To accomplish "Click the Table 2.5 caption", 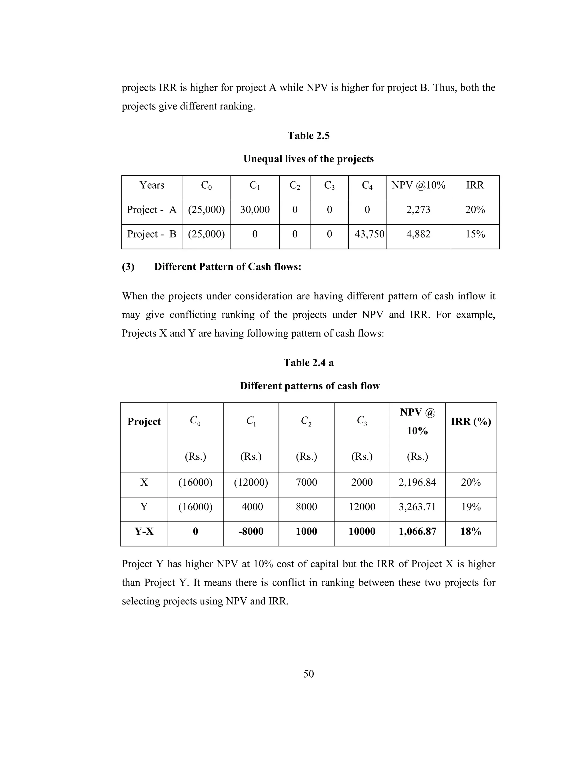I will (308, 135).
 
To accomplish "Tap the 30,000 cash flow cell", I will (255, 209).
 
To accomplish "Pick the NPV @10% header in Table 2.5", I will (418, 185).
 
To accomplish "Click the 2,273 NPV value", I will (418, 209).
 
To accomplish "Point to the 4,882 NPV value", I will (418, 234).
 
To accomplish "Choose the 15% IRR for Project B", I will (475, 234).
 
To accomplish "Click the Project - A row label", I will (151, 209).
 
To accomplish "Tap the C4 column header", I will (367, 185).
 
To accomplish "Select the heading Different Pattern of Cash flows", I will (227, 267).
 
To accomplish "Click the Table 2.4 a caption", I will (308, 363).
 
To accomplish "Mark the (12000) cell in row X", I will (251, 482).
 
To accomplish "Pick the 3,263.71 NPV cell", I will (417, 507).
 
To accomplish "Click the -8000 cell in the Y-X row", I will (251, 531).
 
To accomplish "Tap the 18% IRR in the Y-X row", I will (471, 531).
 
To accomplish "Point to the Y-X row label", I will (144, 531).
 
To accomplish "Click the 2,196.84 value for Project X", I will (417, 482).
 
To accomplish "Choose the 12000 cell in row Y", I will (362, 507).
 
